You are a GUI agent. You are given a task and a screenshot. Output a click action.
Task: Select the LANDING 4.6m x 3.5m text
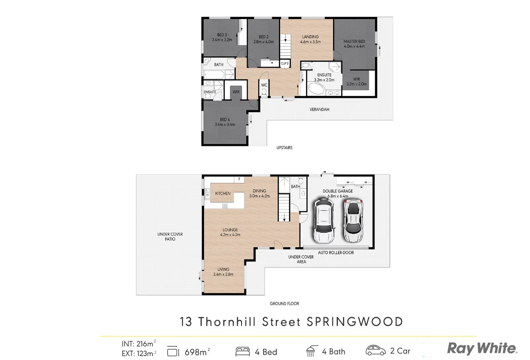(310, 39)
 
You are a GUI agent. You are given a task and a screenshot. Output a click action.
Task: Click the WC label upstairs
(264, 85)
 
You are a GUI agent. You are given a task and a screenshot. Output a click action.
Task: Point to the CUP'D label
(285, 63)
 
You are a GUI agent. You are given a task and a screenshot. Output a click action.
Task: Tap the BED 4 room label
(225, 122)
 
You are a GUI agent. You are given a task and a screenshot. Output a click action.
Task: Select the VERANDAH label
(319, 110)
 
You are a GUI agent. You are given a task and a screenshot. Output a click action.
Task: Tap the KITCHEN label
(223, 193)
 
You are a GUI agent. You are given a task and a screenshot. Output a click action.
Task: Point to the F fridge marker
(239, 179)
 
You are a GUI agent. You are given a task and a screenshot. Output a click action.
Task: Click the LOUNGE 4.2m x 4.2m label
(230, 232)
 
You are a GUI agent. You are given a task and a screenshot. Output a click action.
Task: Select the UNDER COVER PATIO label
(170, 236)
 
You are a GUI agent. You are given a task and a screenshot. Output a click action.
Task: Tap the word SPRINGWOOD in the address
(354, 321)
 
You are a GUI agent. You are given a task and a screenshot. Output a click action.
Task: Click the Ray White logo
(481, 348)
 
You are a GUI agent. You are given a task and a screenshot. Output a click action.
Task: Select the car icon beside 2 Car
(375, 351)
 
